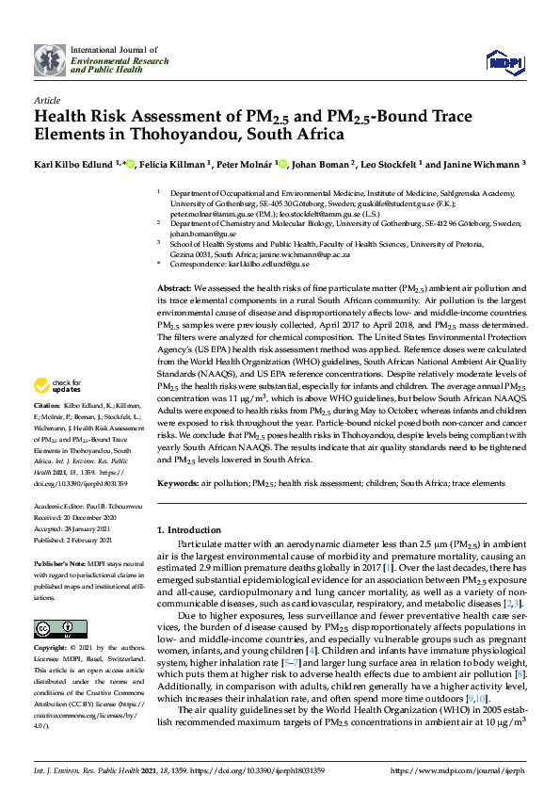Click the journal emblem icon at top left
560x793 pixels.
click(50, 59)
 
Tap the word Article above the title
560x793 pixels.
click(46, 99)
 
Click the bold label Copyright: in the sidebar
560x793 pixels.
click(52, 649)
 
